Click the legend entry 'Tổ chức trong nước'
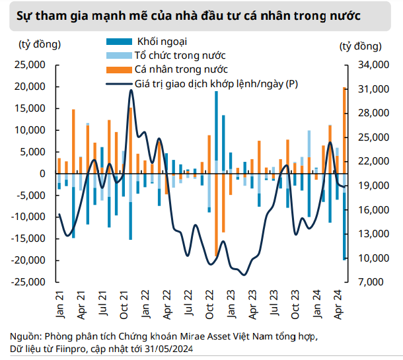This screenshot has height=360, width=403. (x=170, y=55)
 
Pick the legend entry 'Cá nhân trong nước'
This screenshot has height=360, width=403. (x=171, y=69)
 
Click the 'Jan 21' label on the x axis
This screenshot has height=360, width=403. (x=59, y=303)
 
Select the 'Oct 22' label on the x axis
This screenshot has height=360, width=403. (x=209, y=303)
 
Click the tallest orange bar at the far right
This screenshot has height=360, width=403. (x=344, y=129)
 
